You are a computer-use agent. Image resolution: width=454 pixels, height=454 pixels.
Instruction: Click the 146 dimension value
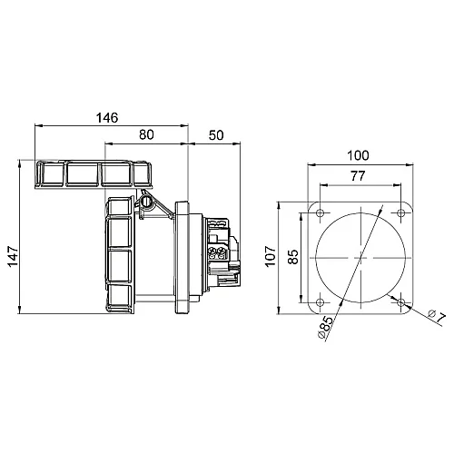108,117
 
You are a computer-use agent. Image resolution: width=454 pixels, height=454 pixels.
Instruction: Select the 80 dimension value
145,134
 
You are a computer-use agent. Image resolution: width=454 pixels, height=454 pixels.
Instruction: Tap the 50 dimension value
215,134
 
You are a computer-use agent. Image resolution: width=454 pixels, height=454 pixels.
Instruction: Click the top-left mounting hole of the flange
320,214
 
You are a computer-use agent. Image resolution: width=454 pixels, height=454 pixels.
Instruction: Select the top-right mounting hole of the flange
401,214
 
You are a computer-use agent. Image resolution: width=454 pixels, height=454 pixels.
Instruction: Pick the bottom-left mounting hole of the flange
320,301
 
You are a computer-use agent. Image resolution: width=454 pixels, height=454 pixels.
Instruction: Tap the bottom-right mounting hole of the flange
401,301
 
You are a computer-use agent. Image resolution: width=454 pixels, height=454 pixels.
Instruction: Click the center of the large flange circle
360,257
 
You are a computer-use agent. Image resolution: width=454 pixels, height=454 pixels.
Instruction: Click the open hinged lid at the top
91,174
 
